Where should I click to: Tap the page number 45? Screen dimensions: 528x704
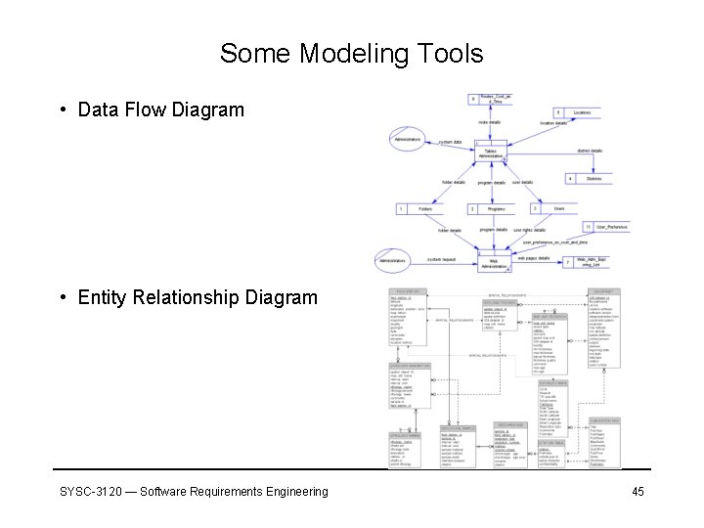tap(638, 491)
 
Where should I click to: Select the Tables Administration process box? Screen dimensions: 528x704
tap(491, 153)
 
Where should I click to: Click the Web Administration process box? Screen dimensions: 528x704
tap(494, 262)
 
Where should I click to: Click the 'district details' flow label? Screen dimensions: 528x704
tap(589, 151)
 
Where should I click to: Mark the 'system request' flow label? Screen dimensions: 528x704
tap(441, 259)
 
